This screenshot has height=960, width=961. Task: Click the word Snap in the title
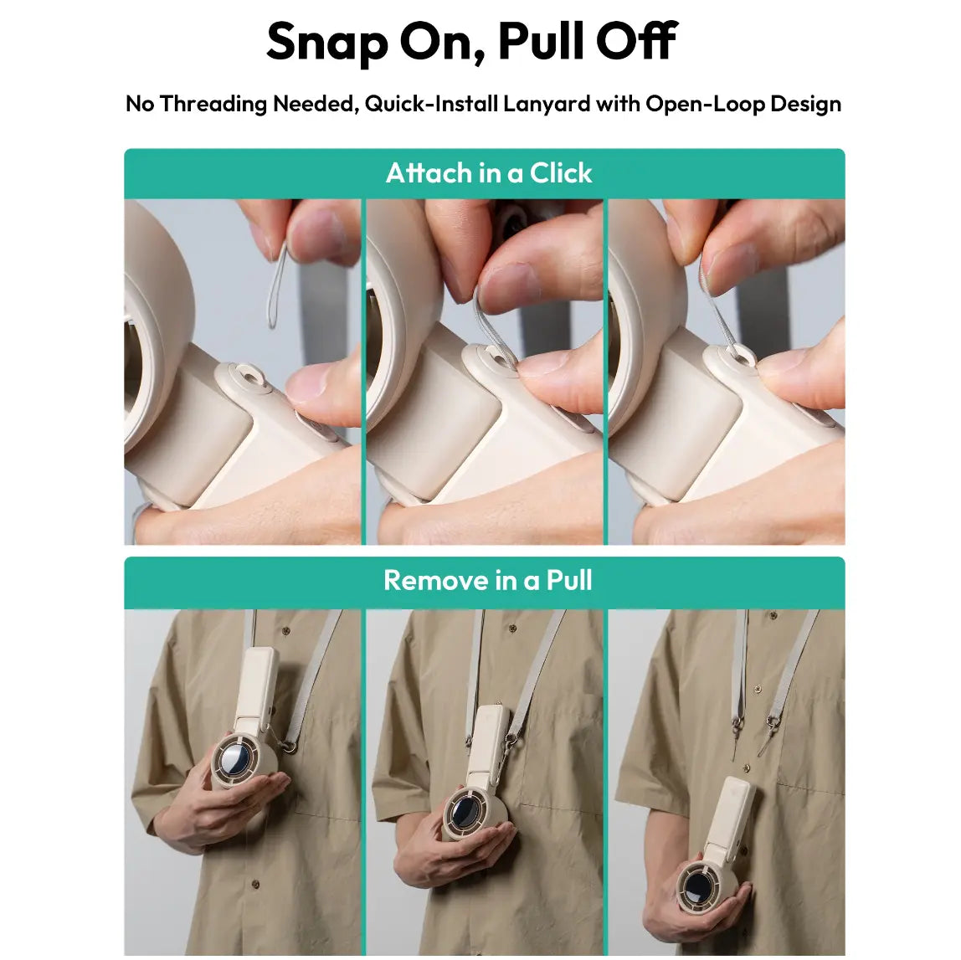327,43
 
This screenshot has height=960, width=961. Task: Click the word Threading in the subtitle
213,104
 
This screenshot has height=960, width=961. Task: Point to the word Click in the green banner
561,173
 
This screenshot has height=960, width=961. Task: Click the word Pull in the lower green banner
568,580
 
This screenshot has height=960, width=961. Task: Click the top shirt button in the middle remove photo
512,628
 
